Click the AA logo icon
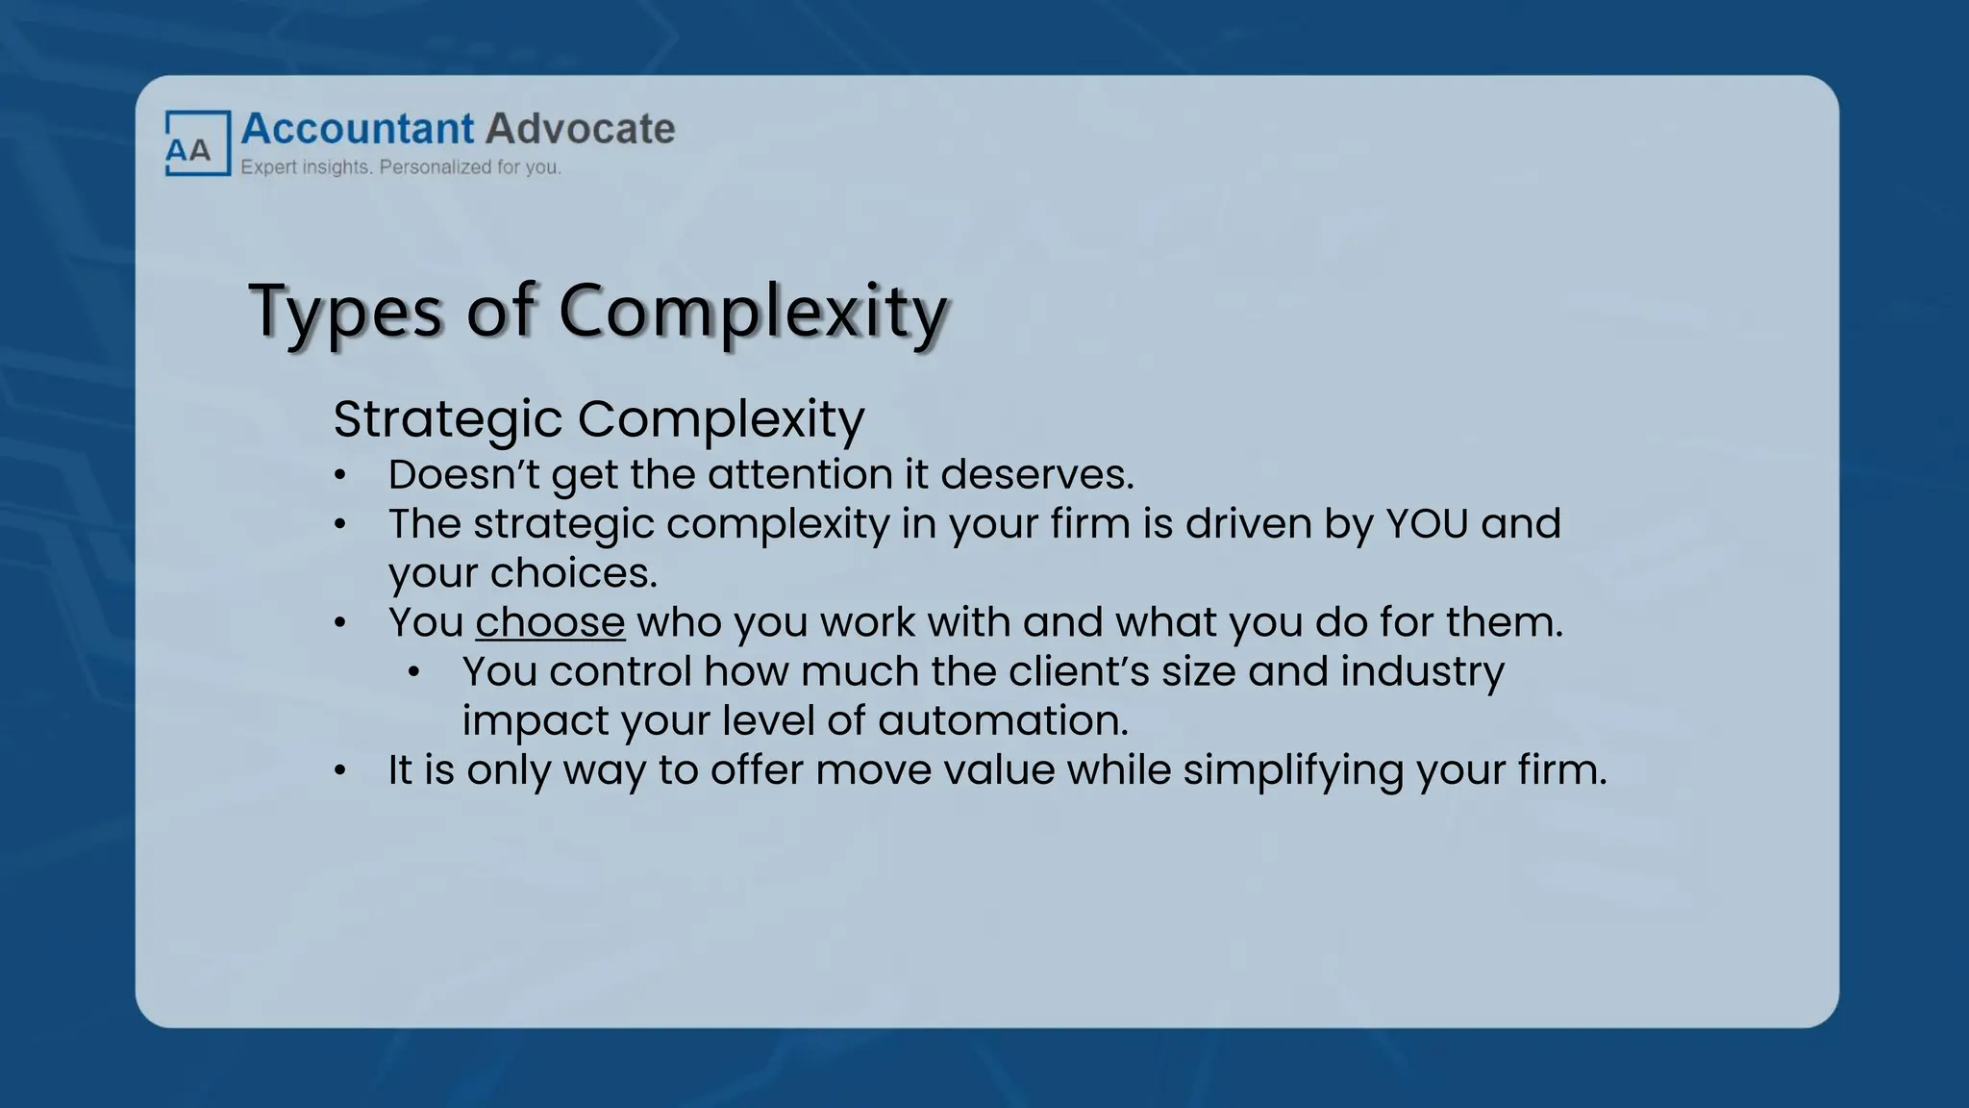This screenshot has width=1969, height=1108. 197,144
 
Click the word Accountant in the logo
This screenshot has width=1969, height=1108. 357,129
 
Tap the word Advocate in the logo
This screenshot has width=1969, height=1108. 580,129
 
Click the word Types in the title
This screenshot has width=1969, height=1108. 346,313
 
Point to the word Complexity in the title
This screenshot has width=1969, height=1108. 753,313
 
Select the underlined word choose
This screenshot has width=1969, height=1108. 550,622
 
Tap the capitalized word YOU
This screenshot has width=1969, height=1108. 1427,524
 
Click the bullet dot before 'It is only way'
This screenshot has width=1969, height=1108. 339,771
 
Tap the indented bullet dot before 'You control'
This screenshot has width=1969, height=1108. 413,672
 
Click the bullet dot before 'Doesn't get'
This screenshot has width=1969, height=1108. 339,475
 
